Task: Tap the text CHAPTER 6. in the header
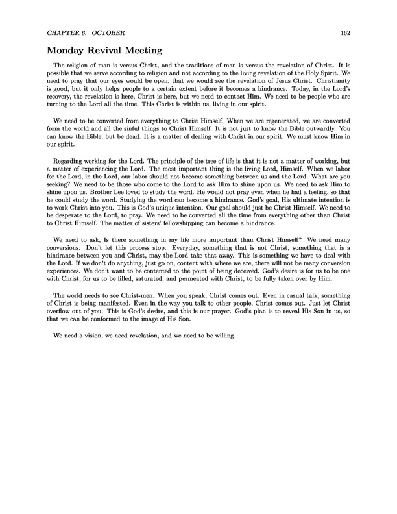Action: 66,33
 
